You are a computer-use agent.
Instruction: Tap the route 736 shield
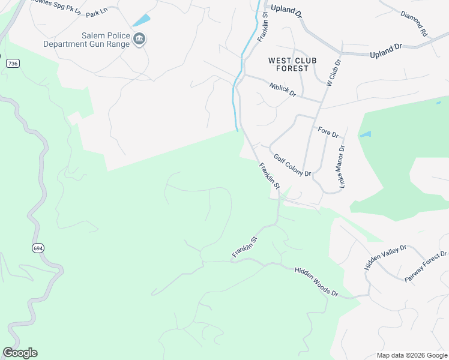tap(12, 63)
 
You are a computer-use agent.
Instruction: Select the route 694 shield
tap(38, 247)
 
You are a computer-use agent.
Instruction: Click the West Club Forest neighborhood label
tap(288, 64)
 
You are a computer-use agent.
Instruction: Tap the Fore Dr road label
tap(328, 131)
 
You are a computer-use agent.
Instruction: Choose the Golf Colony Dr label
tap(292, 165)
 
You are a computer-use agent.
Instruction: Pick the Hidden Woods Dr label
tap(316, 283)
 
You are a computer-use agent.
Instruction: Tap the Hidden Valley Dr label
tap(385, 257)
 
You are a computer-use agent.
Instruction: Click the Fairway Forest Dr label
tap(426, 267)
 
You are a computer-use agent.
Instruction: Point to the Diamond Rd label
tap(413, 23)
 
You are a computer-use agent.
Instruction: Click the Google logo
tap(20, 353)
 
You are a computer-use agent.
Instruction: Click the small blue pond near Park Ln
tap(141, 20)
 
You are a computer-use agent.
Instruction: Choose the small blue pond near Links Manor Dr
tap(365, 134)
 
